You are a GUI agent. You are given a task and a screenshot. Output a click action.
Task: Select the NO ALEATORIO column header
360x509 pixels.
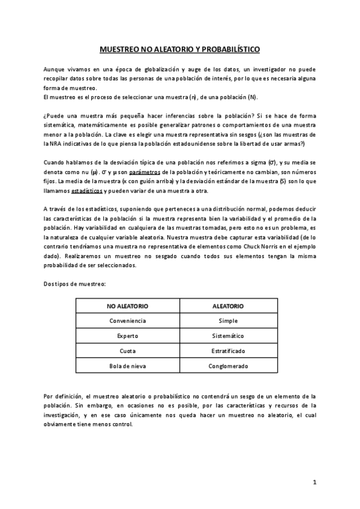tap(127, 306)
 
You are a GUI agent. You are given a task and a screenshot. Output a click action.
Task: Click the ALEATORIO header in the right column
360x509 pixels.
tap(228, 306)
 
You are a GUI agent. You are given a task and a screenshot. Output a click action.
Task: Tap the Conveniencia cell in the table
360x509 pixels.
tap(127, 321)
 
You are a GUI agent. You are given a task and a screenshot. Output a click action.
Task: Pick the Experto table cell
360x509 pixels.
tap(127, 336)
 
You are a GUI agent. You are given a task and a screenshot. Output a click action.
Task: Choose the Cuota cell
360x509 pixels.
tap(127, 350)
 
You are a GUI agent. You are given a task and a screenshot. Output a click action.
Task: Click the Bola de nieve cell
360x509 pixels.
tap(127, 365)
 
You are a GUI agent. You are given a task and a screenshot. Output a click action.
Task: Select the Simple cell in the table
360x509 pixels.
tap(228, 321)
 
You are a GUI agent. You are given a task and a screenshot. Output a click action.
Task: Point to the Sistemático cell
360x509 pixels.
tap(228, 336)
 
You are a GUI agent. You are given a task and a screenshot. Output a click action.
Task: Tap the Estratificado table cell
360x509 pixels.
tap(228, 350)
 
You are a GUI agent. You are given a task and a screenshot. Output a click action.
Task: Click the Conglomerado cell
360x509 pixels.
tap(228, 365)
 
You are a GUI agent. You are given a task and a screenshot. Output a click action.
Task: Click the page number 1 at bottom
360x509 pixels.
tap(314, 482)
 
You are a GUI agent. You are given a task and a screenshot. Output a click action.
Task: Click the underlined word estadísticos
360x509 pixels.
tap(87, 191)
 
